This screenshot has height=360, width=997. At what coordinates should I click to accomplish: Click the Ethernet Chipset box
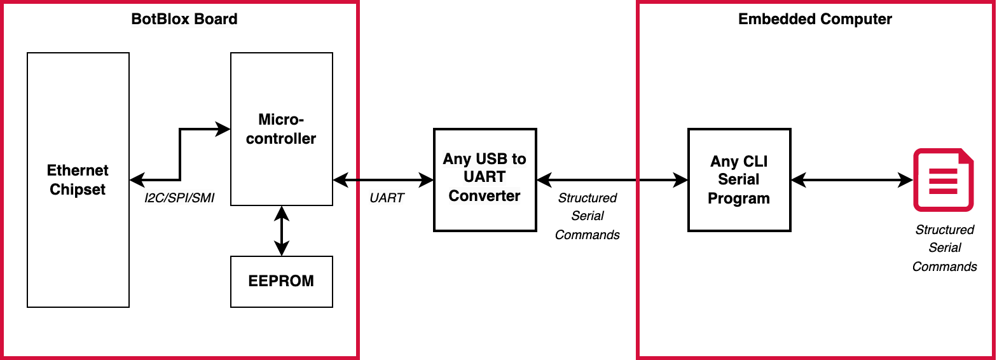coord(78,180)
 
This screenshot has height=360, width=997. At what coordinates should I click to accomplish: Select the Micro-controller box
coord(281,129)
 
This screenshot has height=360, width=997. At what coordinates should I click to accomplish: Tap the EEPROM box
coord(281,281)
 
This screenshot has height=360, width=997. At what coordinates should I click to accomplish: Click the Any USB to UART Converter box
coord(485,179)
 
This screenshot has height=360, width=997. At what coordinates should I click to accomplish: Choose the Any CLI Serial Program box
coord(739,180)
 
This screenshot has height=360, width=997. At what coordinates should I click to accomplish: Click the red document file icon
coord(944,180)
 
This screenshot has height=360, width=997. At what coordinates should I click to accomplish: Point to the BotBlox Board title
coord(184,19)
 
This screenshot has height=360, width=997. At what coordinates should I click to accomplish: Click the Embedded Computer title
coord(815,19)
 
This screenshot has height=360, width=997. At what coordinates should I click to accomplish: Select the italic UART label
coord(387,198)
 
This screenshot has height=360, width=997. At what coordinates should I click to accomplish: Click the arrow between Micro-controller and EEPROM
coord(281,230)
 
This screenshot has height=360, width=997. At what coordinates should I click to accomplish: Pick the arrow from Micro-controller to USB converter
coord(383,180)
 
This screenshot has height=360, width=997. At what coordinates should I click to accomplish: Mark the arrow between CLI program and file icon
coord(852,180)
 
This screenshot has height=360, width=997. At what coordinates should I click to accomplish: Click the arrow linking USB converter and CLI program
coord(612,180)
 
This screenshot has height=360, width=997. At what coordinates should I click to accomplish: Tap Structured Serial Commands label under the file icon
coord(944,248)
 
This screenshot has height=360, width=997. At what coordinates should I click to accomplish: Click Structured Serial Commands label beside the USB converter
coord(588,216)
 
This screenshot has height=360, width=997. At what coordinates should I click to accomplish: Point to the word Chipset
coord(78,190)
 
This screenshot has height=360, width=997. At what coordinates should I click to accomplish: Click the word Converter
coord(485,196)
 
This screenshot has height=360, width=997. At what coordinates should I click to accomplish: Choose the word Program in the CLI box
coord(739,198)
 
